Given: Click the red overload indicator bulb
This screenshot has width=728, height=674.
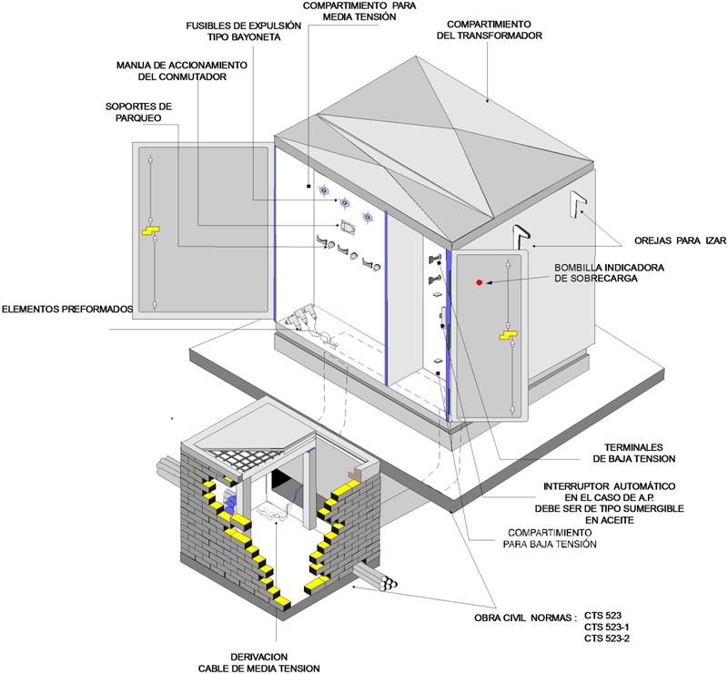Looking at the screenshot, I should [x=479, y=283].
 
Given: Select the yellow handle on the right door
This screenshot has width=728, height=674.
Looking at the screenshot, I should [x=504, y=337].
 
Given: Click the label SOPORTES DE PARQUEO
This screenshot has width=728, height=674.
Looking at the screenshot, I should [x=138, y=113].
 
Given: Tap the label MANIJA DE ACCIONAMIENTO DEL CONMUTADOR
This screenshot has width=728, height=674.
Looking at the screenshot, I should [x=182, y=71].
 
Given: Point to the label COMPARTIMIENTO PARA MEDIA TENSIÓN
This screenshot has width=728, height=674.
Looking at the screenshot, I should [x=350, y=10].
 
